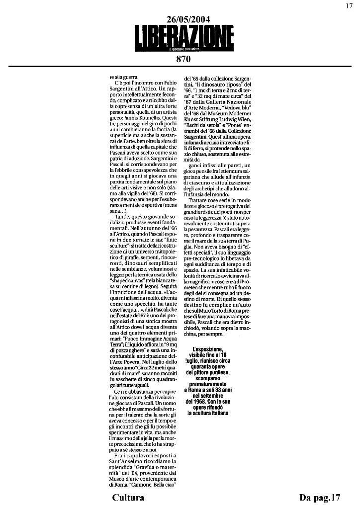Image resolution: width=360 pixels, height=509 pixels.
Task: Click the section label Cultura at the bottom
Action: (x=128, y=498)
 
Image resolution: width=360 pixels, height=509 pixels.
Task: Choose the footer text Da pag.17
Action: (x=320, y=498)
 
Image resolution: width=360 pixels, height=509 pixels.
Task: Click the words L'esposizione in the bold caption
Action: (x=209, y=349)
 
